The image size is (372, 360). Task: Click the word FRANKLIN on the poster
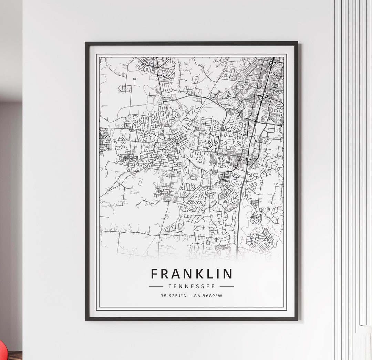point(192,274)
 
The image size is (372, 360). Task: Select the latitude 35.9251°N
point(174,296)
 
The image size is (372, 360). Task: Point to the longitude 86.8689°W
point(209,296)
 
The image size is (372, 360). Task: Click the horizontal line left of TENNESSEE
point(156,286)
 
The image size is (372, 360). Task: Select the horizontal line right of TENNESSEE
point(227,286)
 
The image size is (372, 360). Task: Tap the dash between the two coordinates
point(191,296)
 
